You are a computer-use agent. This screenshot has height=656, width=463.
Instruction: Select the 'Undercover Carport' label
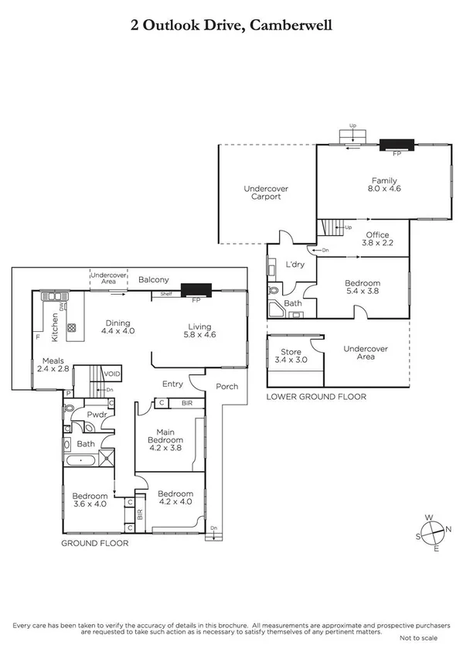[262, 193]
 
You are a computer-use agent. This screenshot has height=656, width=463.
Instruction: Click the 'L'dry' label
[294, 265]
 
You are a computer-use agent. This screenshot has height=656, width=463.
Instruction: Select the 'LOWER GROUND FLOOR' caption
[315, 397]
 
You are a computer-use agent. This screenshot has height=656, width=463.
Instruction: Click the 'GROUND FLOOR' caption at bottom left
[94, 543]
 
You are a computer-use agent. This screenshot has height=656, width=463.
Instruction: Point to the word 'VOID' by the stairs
[112, 373]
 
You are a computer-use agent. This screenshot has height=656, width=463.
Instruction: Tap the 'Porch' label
[226, 387]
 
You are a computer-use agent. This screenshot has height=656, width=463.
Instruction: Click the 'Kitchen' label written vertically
[55, 326]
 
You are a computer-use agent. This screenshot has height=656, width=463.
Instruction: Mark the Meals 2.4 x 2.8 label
[53, 364]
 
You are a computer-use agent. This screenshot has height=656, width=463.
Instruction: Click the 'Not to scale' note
[418, 638]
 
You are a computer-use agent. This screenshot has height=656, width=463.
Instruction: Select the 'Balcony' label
[154, 279]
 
